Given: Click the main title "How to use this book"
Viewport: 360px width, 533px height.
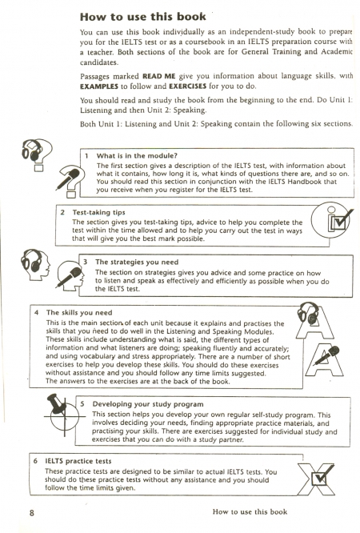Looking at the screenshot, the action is point(142,17).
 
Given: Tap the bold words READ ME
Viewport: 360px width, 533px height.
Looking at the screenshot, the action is point(158,76).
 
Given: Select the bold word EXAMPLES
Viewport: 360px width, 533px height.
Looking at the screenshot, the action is point(99,86).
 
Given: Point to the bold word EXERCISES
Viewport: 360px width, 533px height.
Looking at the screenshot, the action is point(188,86).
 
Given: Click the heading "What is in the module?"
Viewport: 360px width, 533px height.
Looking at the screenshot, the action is point(137,156).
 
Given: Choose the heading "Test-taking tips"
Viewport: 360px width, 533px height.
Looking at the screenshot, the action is point(98,212).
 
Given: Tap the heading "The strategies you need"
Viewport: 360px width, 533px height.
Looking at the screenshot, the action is point(137,262).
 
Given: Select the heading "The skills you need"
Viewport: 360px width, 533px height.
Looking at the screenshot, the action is point(79,313).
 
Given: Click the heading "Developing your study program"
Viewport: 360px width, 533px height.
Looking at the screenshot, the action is point(148,404).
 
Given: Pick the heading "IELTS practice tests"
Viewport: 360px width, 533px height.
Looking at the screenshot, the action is point(78,461).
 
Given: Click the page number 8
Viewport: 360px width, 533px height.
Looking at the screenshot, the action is point(32,513).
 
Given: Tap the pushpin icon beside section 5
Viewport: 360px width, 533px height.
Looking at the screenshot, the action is point(58,404).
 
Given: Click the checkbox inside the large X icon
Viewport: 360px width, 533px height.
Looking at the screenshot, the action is point(320,479).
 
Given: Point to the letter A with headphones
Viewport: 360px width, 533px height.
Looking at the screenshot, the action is point(314,321).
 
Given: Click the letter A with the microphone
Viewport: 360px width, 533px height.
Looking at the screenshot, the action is point(324,359).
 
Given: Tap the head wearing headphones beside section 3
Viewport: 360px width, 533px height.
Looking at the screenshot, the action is point(34,264).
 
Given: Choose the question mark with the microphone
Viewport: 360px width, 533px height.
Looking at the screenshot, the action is point(70,181).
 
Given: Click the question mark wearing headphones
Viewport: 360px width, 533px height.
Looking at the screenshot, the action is point(37,154).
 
